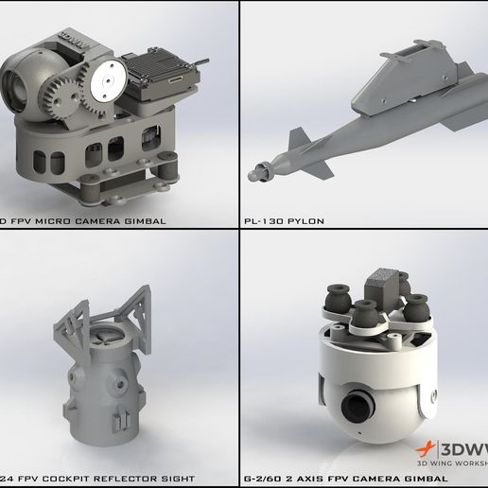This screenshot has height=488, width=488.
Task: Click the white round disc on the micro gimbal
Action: tap(107, 82)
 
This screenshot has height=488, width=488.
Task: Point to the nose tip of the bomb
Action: tap(253, 174)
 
